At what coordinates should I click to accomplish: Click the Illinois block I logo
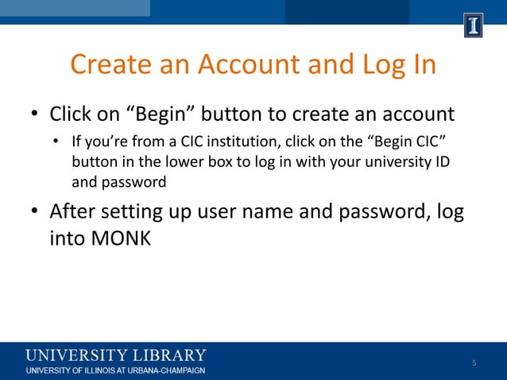point(474,26)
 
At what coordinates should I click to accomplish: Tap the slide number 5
point(474,363)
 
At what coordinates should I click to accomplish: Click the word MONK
point(114,237)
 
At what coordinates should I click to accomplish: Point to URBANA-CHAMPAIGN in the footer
point(166,370)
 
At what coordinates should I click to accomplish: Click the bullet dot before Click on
point(34,116)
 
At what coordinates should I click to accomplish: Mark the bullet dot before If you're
point(56,145)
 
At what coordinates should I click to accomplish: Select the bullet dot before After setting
point(34,213)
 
